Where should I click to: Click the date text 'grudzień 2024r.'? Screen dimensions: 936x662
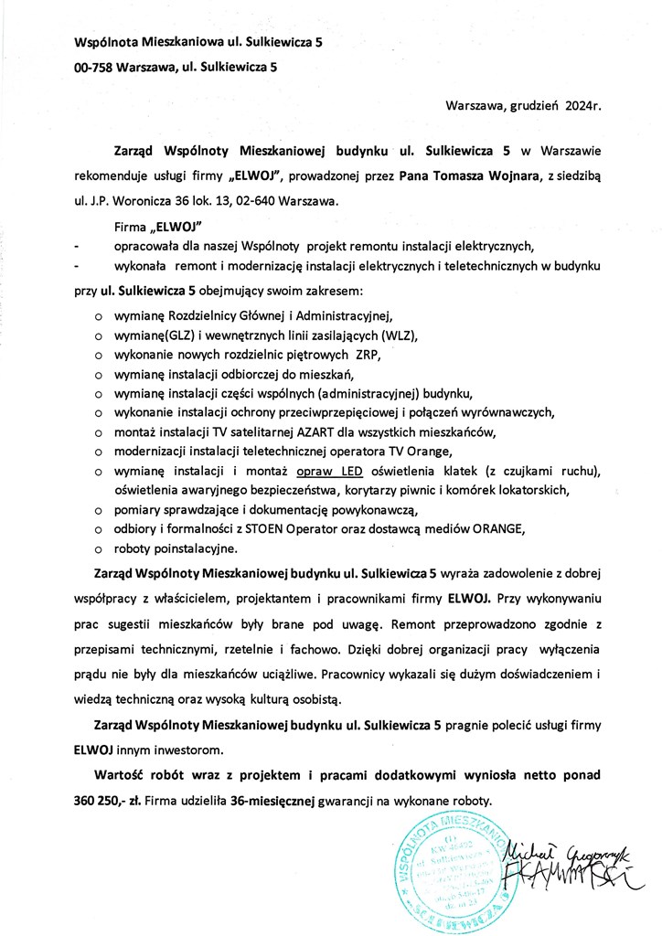tap(555, 105)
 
